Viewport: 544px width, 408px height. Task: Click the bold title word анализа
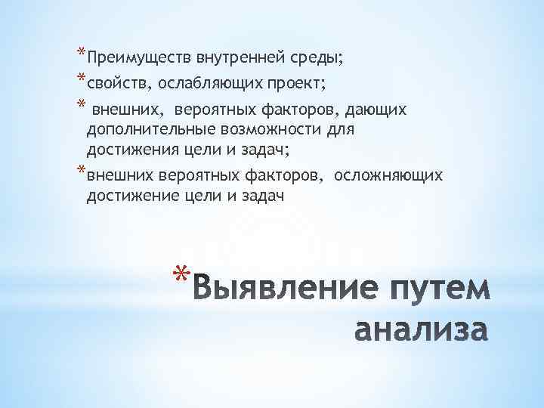[422, 330]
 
